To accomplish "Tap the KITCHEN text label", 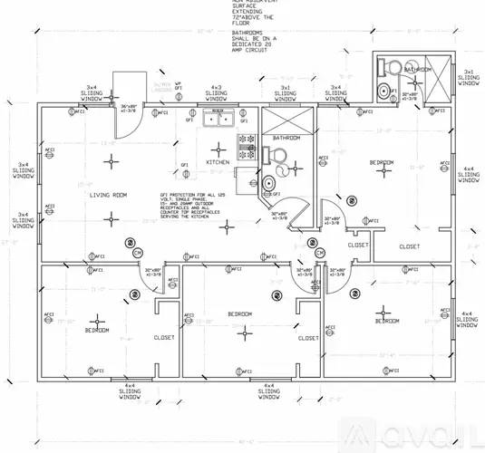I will (218, 162).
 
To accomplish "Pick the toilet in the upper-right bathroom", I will (388, 68).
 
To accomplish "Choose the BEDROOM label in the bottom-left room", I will (98, 331).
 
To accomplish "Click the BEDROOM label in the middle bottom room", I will (239, 313).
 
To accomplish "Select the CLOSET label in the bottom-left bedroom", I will (164, 337).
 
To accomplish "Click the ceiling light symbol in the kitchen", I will (218, 145).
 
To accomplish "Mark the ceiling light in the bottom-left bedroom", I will (97, 318).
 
